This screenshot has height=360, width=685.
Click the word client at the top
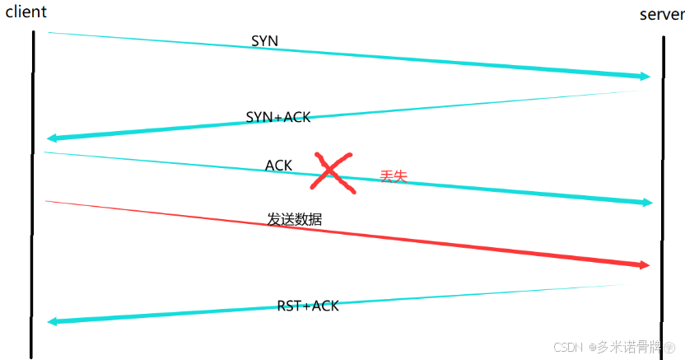pos(26,12)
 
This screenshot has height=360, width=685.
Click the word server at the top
pos(661,16)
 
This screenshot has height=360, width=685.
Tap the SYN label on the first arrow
pos(264,40)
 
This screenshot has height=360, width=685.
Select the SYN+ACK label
pos(278,117)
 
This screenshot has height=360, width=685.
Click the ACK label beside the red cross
pos(278,166)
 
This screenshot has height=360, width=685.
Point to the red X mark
pos(333,172)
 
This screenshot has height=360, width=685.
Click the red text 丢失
pos(393,176)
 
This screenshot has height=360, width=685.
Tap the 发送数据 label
pos(294,220)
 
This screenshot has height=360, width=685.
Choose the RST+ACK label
pos(308,306)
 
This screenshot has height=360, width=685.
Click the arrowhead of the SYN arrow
pos(645,77)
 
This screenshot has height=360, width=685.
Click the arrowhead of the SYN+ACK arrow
pos(52,138)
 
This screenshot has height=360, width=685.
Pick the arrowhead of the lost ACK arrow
pos(646,203)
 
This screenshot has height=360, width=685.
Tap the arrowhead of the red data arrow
pos(645,264)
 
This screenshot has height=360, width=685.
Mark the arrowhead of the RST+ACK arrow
pos(53,321)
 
